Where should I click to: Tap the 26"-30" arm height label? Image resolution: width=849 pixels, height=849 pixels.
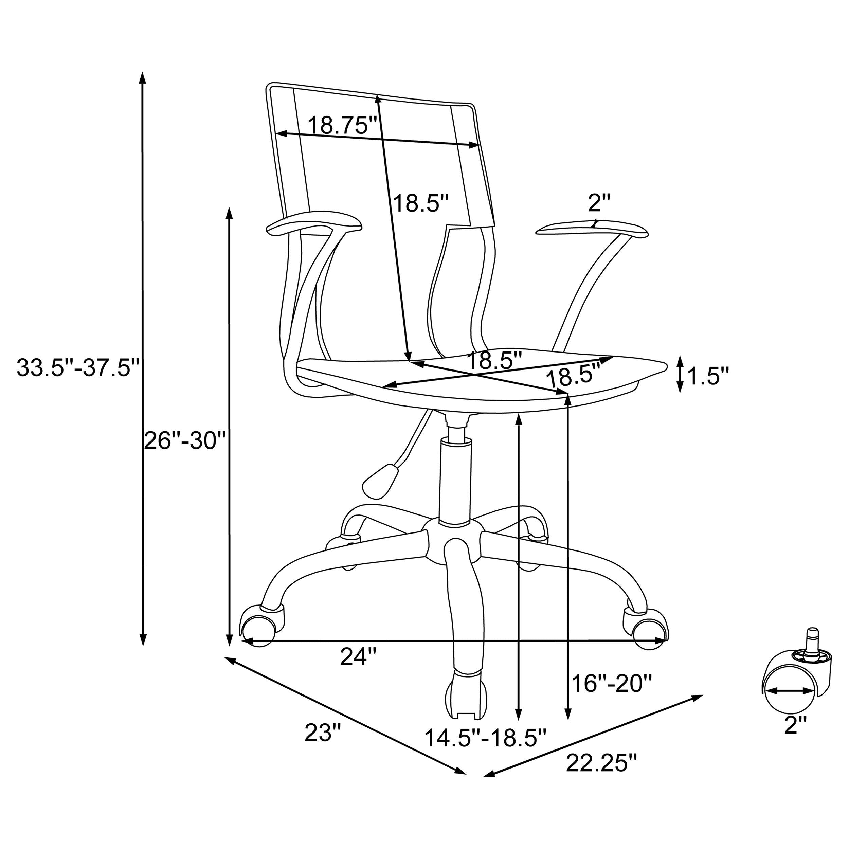(185, 440)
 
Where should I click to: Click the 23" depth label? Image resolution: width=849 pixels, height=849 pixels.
(323, 733)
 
